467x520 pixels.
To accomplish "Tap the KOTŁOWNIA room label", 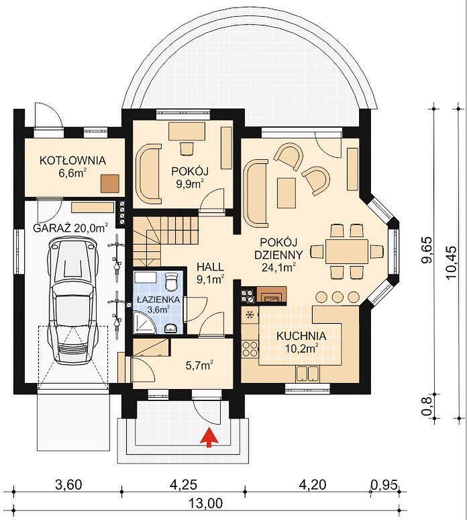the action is [72, 161].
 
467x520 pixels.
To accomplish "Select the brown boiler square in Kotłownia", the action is [110, 183].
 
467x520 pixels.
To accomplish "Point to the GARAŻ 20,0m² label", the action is [70, 228].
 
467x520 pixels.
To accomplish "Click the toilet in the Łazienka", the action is [171, 281].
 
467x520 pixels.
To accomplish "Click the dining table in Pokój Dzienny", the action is [347, 251].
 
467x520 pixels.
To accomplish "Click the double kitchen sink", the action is [307, 373].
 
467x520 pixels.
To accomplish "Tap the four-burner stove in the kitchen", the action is [250, 348].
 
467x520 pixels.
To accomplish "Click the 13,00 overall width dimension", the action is [206, 504].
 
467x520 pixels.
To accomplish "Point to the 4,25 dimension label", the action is [183, 485].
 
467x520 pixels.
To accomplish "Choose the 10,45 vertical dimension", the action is [452, 263].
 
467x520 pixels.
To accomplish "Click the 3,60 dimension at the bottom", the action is [68, 485].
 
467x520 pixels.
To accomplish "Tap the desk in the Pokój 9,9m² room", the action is [187, 132].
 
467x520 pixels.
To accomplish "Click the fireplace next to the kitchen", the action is [272, 294].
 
